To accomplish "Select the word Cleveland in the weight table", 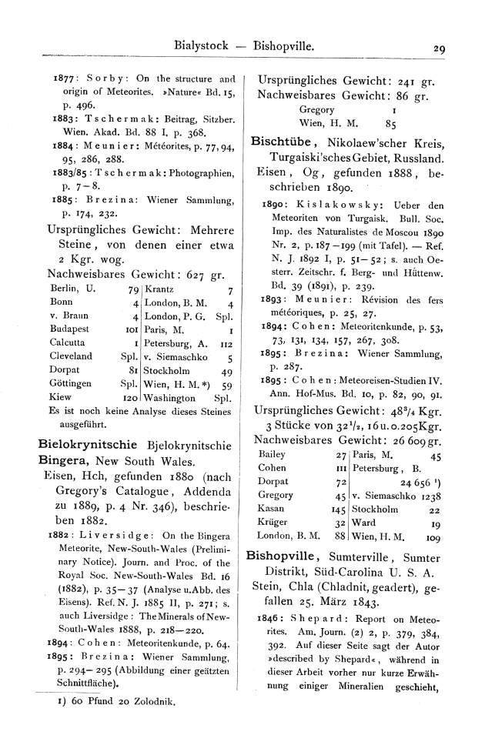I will tap(70, 356).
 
